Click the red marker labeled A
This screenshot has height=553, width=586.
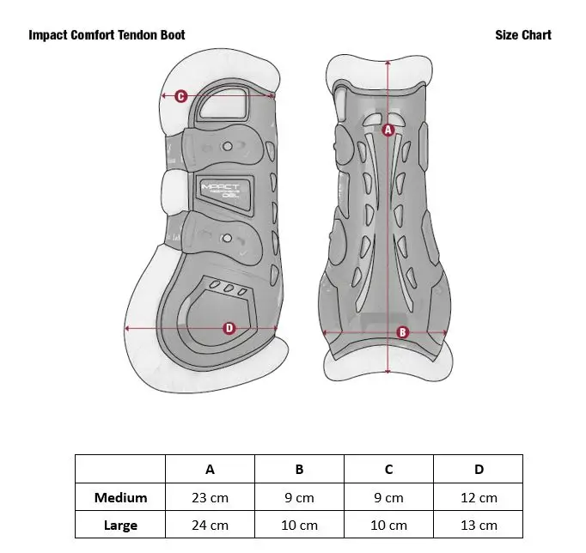[x=388, y=131]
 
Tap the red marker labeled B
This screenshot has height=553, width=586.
[x=402, y=332]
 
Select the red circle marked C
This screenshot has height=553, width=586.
[x=181, y=96]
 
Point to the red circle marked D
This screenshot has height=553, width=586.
[x=229, y=328]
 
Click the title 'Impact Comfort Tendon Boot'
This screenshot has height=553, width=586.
[x=107, y=35]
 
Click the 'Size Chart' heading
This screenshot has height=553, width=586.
[x=523, y=35]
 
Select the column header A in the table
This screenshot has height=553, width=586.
[x=210, y=469]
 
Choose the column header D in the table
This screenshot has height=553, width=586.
[x=479, y=469]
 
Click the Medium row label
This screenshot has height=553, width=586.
[x=121, y=497]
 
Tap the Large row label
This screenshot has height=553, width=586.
[x=121, y=525]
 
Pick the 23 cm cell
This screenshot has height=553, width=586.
[x=210, y=497]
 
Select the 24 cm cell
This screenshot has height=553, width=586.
[x=210, y=525]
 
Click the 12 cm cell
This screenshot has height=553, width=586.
[x=479, y=497]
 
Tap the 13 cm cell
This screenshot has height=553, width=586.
[x=479, y=525]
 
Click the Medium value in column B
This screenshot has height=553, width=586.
[x=299, y=497]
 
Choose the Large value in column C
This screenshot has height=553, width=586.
[x=388, y=525]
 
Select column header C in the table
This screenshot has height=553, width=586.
[x=388, y=469]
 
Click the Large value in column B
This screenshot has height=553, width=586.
[x=299, y=525]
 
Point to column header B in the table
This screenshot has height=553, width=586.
[x=299, y=469]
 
